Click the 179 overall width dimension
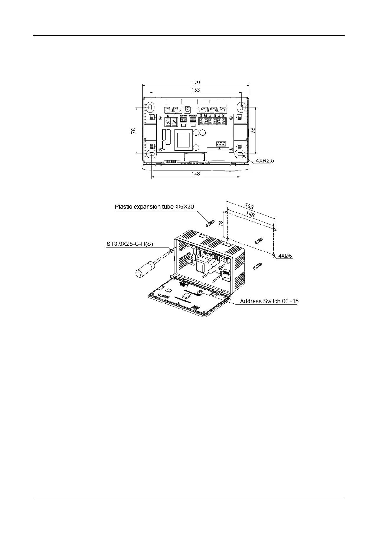196,82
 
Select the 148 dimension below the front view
196,173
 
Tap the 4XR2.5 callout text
265,161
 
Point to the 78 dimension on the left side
133,130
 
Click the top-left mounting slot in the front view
150,107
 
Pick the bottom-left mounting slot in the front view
152,154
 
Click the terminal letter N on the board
168,116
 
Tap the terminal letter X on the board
223,116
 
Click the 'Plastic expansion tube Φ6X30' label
154,207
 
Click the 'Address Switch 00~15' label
269,301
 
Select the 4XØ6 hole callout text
285,256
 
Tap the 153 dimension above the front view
196,90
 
